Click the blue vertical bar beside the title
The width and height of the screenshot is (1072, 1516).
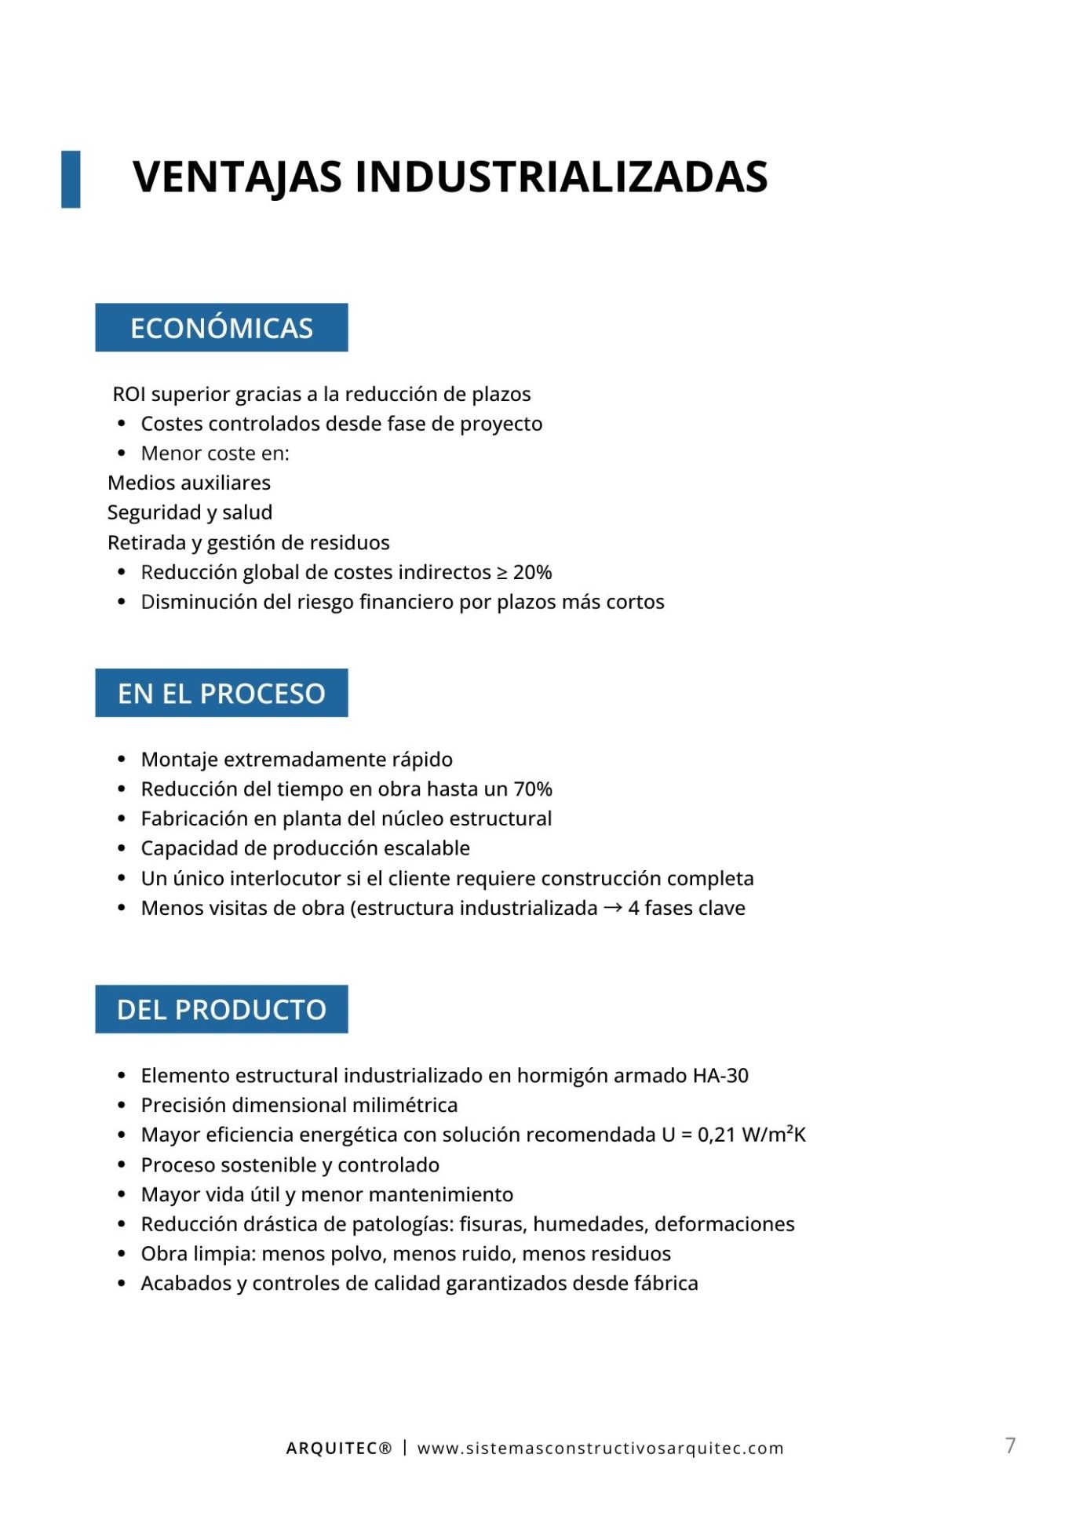coord(71,179)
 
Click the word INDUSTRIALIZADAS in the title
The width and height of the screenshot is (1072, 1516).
coord(561,177)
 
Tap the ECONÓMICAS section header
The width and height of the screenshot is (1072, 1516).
coord(221,328)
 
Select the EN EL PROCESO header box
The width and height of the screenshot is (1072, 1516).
coord(221,693)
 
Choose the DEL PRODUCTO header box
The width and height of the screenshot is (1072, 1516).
coord(221,1009)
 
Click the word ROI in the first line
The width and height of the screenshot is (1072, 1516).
coord(129,394)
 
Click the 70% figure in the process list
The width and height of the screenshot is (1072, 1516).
coord(533,789)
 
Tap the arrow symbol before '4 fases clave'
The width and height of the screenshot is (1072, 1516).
coord(613,908)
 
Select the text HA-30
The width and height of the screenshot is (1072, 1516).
coord(720,1076)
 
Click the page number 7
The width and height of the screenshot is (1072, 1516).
coord(1011,1445)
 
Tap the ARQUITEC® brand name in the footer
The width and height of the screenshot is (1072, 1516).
coord(338,1449)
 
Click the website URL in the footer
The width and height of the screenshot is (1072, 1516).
coord(600,1449)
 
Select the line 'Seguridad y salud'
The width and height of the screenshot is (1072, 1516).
coord(190,513)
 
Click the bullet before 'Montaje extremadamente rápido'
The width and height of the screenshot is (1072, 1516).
coord(122,760)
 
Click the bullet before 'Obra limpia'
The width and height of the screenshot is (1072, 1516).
coord(122,1254)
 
